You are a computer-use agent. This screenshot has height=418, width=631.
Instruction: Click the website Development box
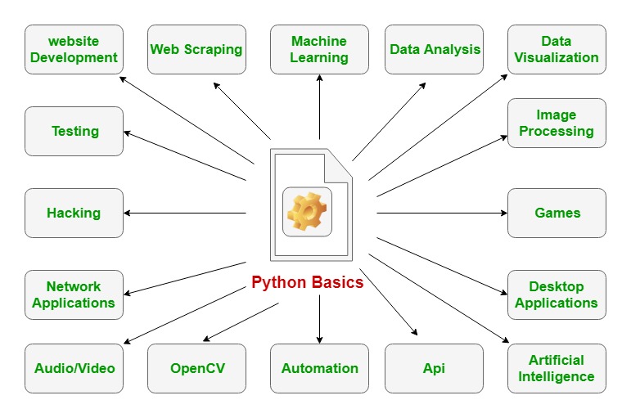(x=74, y=49)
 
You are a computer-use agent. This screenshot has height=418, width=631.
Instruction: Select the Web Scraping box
(x=196, y=49)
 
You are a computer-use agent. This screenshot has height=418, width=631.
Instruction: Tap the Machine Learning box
(x=319, y=49)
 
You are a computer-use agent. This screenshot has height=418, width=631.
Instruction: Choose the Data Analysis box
(x=435, y=49)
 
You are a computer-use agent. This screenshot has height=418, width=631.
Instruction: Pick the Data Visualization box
(x=557, y=49)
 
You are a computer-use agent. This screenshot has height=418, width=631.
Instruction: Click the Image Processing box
(x=557, y=123)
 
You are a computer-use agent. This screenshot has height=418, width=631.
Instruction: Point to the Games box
(x=557, y=213)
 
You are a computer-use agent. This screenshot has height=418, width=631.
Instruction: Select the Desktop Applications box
(x=557, y=294)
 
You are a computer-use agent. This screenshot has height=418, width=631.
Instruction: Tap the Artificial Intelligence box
(x=557, y=368)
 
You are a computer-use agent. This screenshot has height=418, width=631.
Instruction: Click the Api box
(x=435, y=368)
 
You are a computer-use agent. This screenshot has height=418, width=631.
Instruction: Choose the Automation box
(x=319, y=368)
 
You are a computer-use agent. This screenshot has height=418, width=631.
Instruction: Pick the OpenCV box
(x=196, y=368)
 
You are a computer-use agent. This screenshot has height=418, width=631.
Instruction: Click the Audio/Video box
(x=74, y=368)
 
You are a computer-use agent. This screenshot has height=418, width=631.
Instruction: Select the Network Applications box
(x=74, y=294)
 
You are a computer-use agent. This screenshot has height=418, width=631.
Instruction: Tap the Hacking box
(x=74, y=213)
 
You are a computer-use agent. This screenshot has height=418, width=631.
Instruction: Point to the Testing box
(x=74, y=131)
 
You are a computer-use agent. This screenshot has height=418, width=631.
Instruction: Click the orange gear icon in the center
(x=307, y=212)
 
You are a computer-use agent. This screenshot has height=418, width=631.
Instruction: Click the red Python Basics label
(x=307, y=283)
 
